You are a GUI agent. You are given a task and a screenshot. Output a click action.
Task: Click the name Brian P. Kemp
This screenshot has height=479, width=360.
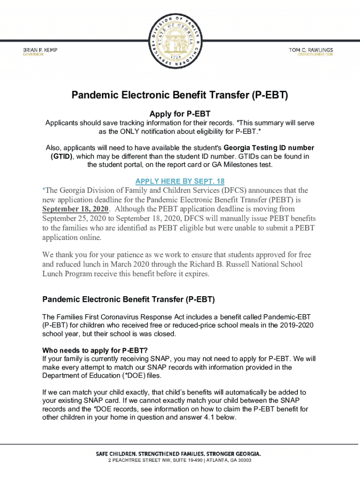(41, 50)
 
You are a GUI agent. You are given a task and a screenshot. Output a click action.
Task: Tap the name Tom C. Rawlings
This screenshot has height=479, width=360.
(310, 50)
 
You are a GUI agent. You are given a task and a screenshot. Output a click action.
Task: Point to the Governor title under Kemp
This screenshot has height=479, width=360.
(34, 54)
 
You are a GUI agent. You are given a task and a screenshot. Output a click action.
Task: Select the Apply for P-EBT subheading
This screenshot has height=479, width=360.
(180, 114)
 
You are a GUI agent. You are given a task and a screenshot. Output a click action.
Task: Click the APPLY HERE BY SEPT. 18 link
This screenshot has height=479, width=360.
(180, 181)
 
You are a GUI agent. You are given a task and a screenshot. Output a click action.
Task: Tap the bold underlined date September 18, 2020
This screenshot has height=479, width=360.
(75, 209)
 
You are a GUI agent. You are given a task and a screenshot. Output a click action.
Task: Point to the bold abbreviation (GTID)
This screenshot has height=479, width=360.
(61, 156)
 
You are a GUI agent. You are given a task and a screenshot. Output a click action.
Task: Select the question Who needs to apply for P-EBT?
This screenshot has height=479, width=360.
(95, 350)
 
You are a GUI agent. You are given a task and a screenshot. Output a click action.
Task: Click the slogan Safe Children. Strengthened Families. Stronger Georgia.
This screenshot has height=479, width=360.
(178, 454)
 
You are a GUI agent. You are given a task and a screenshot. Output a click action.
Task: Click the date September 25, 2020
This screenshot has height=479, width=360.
(75, 218)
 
